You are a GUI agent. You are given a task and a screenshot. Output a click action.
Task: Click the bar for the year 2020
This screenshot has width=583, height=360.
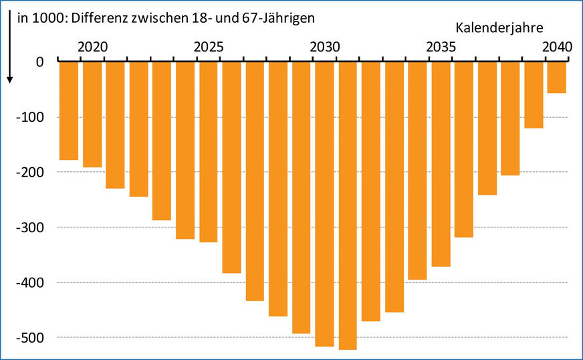(x=92, y=114)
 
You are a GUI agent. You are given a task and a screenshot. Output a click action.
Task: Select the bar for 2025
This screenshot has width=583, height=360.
(x=208, y=151)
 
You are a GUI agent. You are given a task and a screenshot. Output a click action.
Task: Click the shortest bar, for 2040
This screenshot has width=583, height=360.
(x=557, y=77)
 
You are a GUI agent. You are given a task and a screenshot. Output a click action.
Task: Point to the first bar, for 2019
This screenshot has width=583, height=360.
(x=69, y=110)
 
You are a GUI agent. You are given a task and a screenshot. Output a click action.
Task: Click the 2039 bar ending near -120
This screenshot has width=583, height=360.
(x=534, y=94)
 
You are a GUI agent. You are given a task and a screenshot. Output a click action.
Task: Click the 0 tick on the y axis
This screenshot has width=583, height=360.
(x=39, y=62)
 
